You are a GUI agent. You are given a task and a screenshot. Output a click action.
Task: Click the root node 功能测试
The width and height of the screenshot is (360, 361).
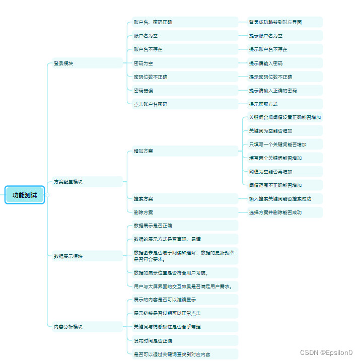tap(25, 195)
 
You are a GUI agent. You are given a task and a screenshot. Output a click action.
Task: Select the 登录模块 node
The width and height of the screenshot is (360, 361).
tap(63, 63)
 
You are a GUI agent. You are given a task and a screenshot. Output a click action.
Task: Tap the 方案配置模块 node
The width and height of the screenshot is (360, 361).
tap(68, 182)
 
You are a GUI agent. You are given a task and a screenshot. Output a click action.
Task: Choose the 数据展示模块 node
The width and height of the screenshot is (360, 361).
tap(68, 256)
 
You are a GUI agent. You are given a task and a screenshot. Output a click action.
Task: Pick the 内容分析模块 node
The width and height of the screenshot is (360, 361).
tap(68, 326)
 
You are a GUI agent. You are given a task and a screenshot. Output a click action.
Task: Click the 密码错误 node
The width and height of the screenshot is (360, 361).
tap(143, 91)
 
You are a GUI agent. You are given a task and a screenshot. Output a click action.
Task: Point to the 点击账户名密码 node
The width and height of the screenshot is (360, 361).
tap(151, 104)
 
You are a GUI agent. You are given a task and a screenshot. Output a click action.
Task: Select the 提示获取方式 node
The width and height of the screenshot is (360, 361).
tap(263, 104)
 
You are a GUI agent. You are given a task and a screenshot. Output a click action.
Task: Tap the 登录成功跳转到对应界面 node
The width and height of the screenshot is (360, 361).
tap(275, 22)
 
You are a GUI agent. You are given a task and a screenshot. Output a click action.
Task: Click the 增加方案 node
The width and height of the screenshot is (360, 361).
tap(143, 151)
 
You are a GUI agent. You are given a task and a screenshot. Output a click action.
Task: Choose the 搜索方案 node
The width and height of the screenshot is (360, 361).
tap(143, 198)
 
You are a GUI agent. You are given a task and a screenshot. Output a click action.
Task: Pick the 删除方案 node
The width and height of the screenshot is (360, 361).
tap(143, 212)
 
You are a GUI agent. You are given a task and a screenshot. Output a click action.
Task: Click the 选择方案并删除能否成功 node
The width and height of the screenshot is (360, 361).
tap(275, 212)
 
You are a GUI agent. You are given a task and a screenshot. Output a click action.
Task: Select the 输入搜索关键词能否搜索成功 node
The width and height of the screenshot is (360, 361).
tap(280, 198)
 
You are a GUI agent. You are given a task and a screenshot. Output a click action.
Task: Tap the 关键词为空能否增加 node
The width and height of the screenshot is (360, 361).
tap(270, 131)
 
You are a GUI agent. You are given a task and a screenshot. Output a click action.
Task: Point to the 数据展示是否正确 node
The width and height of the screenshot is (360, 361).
tap(153, 225)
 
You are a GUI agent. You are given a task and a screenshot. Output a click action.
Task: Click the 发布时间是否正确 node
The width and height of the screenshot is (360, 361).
tap(153, 340)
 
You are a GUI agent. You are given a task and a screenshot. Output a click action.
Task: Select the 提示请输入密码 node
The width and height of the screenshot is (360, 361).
tap(266, 63)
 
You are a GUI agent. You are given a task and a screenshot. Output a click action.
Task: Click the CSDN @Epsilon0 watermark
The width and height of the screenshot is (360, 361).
tap(326, 353)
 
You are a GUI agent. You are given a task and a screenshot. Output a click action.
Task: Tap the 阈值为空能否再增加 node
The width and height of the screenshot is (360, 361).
tap(270, 172)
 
